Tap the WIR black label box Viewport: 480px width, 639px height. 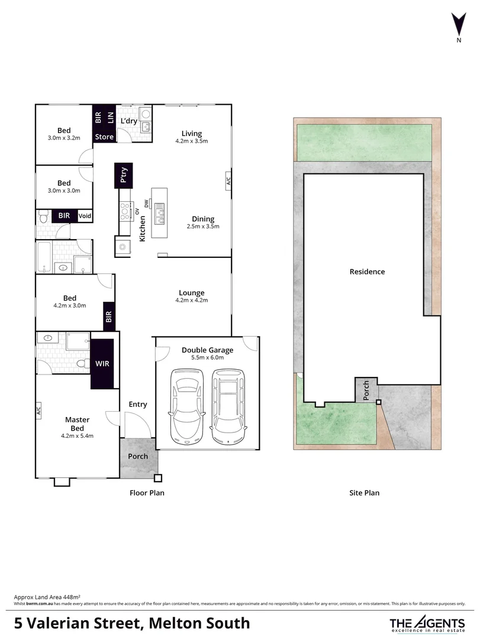[102, 363]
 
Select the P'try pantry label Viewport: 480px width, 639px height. [124, 176]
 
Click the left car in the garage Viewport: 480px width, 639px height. [188, 407]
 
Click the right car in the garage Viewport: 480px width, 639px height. [228, 407]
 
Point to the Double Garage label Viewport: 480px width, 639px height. [207, 350]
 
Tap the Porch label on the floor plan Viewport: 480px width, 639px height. [138, 456]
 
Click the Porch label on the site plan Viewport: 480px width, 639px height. [366, 390]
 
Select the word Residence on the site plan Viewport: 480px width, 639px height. [367, 272]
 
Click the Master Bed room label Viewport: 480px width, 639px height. [78, 424]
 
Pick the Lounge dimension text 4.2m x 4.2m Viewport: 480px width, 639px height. [191, 301]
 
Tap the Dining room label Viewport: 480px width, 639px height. [203, 219]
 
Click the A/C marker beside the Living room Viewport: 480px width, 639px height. [228, 181]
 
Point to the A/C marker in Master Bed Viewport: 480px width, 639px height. [38, 409]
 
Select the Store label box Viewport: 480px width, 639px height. [104, 137]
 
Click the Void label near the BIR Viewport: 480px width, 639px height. [85, 216]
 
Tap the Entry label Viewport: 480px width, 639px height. [138, 404]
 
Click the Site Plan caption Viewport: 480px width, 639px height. [364, 492]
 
